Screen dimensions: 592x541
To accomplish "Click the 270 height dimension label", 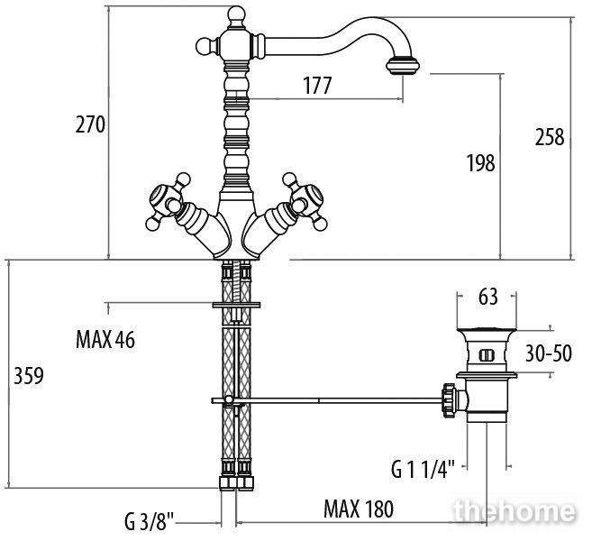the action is tap(90, 124).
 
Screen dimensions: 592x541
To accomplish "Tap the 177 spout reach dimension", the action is tap(317, 85).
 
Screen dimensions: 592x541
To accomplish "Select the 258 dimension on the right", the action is tap(550, 137).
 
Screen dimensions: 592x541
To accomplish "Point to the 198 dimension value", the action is tap(480, 163).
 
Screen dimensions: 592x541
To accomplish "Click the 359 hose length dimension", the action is tap(29, 375).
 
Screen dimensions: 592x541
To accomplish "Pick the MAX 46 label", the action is tap(105, 339).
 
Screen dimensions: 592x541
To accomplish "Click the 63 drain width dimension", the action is tap(488, 298).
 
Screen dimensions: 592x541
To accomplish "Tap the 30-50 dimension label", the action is tap(549, 353).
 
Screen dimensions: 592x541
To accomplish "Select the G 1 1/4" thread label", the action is tap(423, 470).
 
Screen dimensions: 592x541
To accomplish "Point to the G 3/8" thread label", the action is tap(149, 521).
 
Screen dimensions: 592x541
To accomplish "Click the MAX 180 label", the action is tap(359, 509).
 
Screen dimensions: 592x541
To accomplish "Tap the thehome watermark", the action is tap(515, 511).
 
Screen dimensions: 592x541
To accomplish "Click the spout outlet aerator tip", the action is tap(403, 66).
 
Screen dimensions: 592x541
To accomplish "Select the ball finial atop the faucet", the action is tap(236, 14).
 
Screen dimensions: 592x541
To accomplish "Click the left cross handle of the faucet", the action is tap(168, 201).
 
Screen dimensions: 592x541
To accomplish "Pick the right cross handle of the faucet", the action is tap(305, 201).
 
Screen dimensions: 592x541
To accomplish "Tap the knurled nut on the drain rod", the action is tap(449, 400).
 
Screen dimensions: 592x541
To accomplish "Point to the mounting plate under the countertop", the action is tap(236, 305).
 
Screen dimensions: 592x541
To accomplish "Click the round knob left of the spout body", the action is tap(205, 47).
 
